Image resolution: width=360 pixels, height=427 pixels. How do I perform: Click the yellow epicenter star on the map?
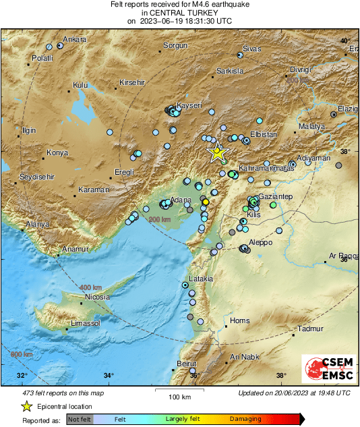pos(217,152)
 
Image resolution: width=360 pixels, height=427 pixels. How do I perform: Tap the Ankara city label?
pos(75,40)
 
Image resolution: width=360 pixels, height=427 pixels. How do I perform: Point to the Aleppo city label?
pos(260,242)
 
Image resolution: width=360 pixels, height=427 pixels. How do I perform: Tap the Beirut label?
pos(185,364)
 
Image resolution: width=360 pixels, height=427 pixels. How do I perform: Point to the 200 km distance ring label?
pos(160,220)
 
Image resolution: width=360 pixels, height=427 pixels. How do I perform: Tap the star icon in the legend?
pos(26,406)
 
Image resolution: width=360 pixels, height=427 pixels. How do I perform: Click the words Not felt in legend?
pos(80,419)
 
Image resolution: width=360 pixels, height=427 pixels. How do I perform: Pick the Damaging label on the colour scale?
pos(245,419)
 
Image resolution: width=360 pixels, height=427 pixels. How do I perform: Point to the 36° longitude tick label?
pos(195,376)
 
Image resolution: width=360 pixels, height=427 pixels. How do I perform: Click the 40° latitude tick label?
pos(345,41)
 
